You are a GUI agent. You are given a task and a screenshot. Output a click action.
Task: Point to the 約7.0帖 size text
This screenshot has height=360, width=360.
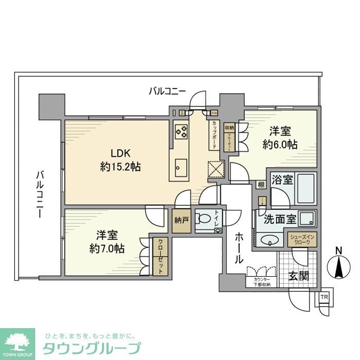107,249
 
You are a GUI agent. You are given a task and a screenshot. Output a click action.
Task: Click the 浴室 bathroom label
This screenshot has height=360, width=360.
282,181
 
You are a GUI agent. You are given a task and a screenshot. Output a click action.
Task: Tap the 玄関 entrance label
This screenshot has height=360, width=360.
298,276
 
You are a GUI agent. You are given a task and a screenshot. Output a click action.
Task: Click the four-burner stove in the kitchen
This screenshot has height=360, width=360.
181,133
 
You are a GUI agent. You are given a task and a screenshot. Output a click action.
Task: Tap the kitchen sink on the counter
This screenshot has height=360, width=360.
181,166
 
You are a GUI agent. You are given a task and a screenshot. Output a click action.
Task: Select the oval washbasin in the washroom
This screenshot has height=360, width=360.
268,239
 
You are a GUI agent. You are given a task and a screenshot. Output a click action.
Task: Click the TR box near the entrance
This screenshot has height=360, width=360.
324,298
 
